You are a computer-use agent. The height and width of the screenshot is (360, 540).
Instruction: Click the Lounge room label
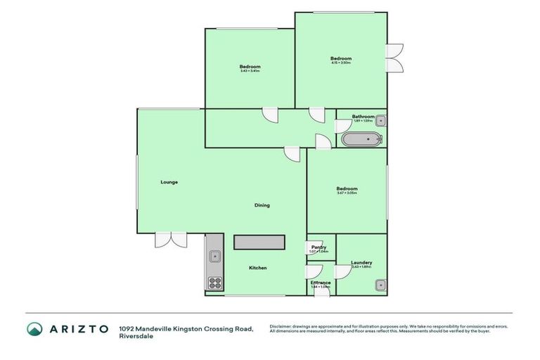pos(169,182)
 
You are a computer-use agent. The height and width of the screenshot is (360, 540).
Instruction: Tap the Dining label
pos(262,205)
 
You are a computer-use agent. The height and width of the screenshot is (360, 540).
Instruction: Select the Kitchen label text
pos(257,268)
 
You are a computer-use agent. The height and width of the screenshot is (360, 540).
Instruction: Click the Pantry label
pos(319,247)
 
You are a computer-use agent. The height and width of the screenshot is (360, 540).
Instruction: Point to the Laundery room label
pos(361,263)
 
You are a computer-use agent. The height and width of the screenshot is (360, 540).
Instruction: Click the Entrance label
pos(321,283)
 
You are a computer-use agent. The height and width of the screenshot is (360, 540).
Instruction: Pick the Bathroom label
pos(363,117)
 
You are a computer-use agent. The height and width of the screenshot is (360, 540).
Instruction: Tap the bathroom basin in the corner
pos(380,119)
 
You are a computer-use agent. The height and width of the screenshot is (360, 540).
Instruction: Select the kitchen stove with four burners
pos(214,283)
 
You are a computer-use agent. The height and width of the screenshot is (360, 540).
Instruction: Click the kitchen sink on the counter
pos(214,257)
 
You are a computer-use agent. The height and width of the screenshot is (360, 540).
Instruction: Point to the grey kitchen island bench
pos(259,243)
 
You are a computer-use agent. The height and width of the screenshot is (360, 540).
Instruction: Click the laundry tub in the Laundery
pos(380,285)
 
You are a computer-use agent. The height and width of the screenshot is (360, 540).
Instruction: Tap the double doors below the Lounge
pos(171,240)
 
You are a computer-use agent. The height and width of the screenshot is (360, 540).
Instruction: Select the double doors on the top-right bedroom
pos(394,58)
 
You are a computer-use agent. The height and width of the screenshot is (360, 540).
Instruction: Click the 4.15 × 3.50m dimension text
pos(341,63)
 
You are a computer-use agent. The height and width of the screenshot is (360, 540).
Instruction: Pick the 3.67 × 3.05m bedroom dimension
pos(347,193)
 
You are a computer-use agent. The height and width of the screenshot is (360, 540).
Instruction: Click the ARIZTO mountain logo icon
pos(34,329)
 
